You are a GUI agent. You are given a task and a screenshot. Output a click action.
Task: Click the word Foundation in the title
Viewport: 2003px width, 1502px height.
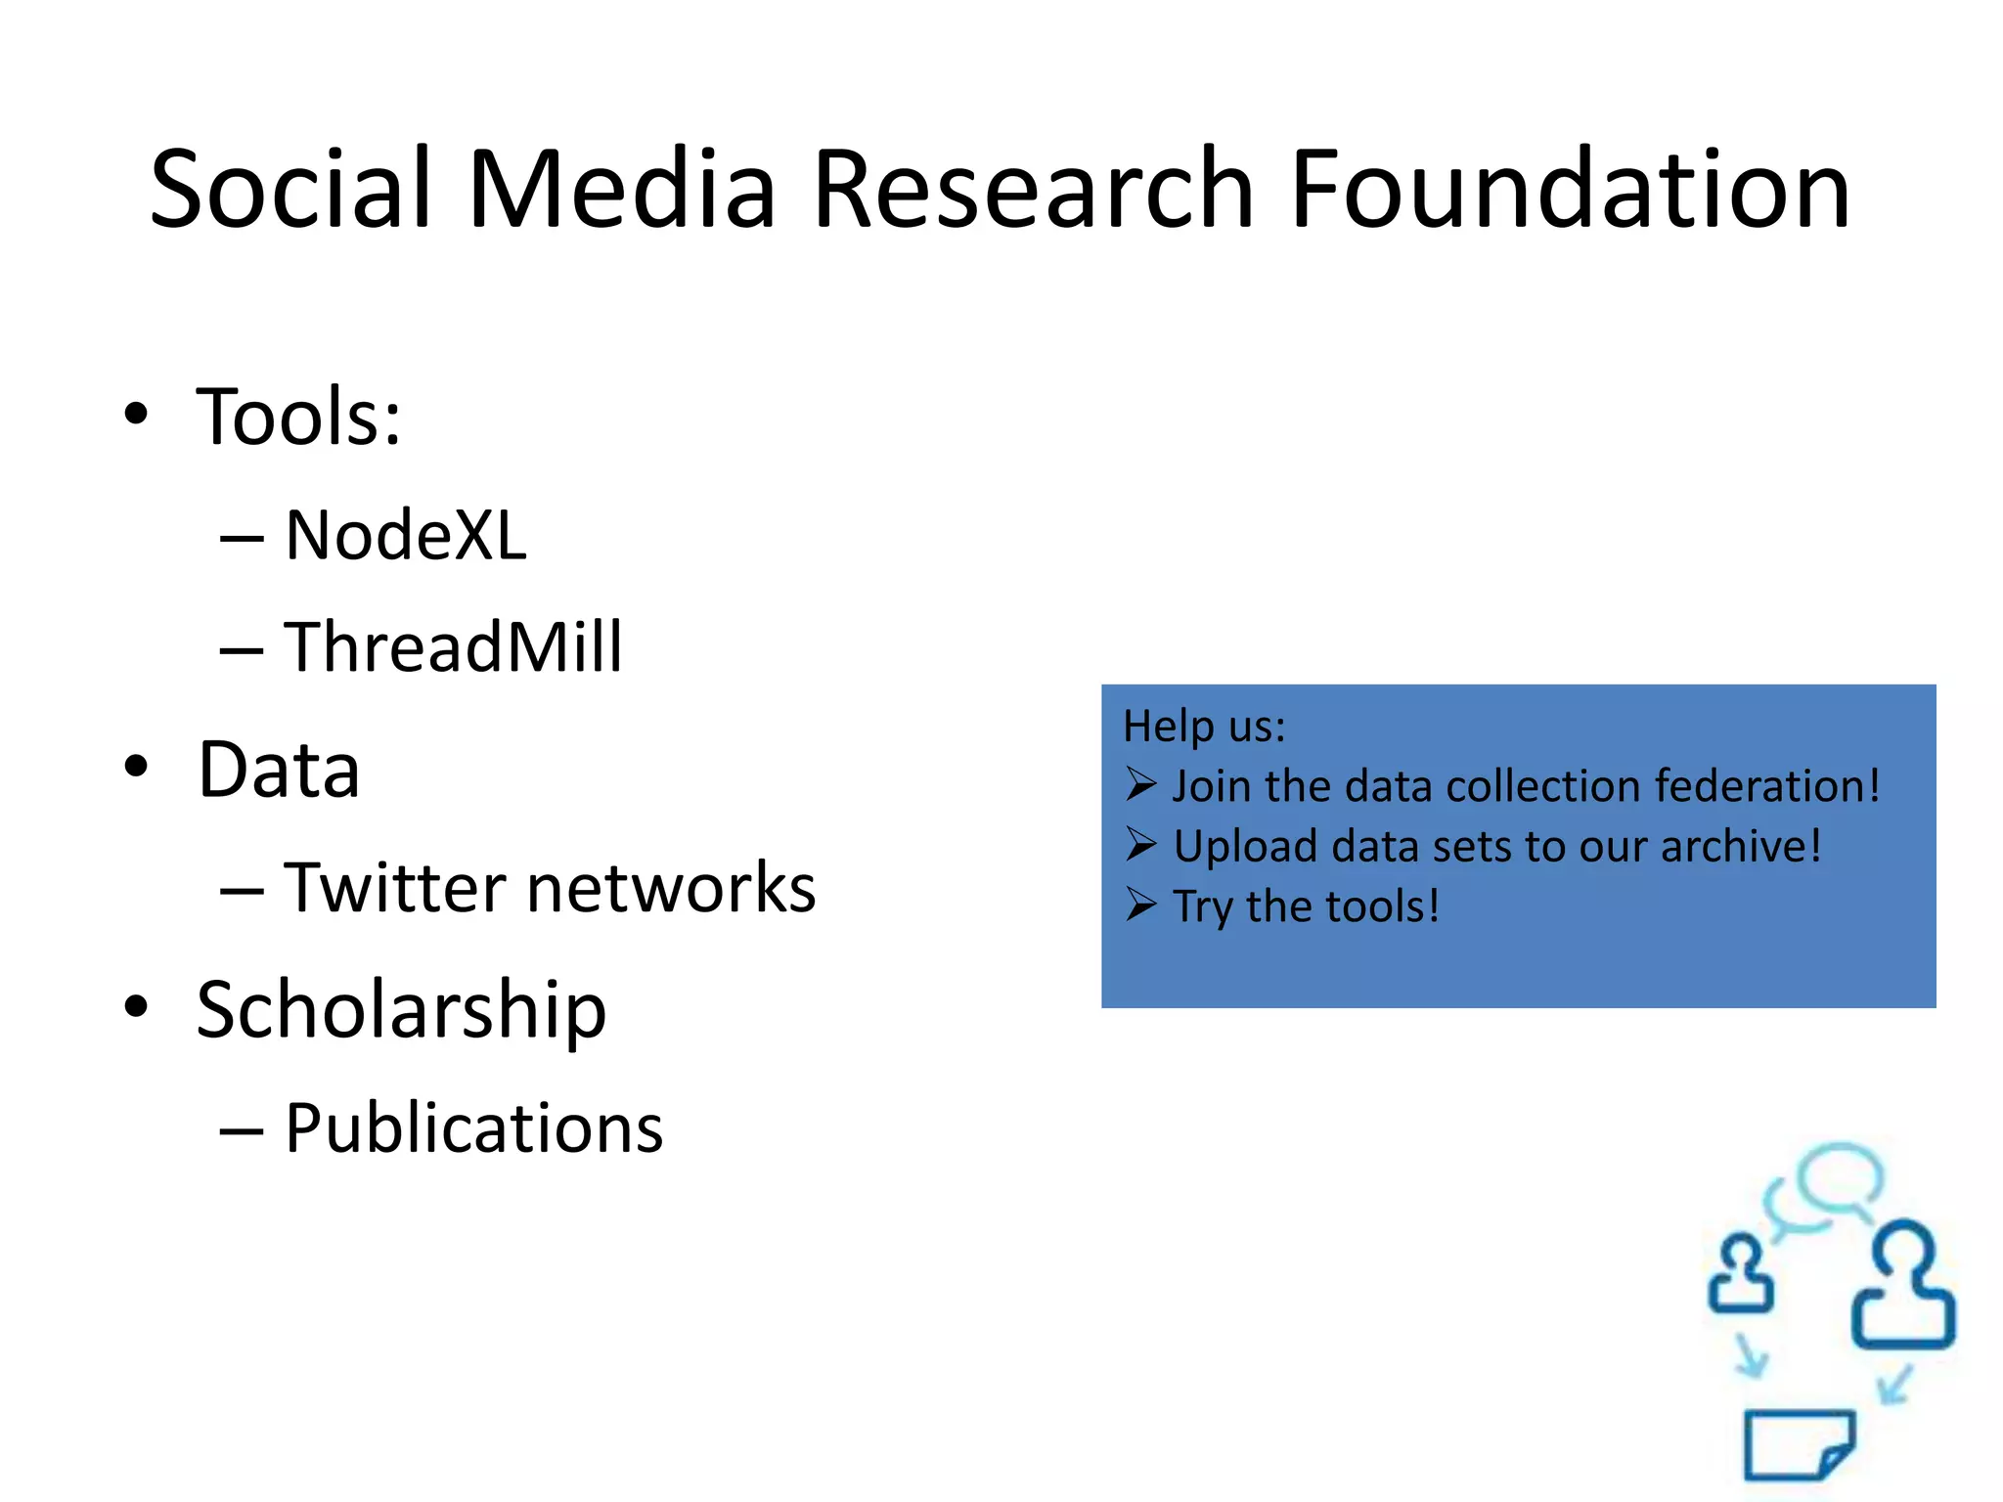pos(1570,189)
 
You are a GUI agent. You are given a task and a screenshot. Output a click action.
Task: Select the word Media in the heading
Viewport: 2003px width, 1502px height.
pos(622,189)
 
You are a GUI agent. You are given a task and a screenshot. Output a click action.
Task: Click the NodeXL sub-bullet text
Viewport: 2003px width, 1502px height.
pos(405,536)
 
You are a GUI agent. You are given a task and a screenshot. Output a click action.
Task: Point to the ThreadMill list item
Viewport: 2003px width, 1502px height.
pos(452,647)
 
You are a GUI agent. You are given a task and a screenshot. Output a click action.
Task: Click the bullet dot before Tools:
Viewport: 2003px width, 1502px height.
pos(136,415)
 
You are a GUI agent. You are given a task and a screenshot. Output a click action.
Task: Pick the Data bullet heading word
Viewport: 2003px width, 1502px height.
pos(279,771)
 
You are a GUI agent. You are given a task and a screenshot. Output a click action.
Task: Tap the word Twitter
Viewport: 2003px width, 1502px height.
pos(395,888)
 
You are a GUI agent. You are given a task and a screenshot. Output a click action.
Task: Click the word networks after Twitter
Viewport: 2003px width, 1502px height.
pos(671,888)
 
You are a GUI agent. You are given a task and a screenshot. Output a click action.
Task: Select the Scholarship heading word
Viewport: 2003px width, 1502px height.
pos(401,1011)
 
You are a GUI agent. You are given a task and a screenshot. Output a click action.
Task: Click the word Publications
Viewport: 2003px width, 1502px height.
pos(473,1128)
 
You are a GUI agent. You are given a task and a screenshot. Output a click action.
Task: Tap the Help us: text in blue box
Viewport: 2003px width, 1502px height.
pos(1204,727)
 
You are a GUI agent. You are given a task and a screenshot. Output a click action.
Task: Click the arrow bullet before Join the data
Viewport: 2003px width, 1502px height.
pos(1140,784)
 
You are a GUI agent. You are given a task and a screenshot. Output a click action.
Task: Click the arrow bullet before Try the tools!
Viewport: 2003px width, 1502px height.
pos(1140,905)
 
